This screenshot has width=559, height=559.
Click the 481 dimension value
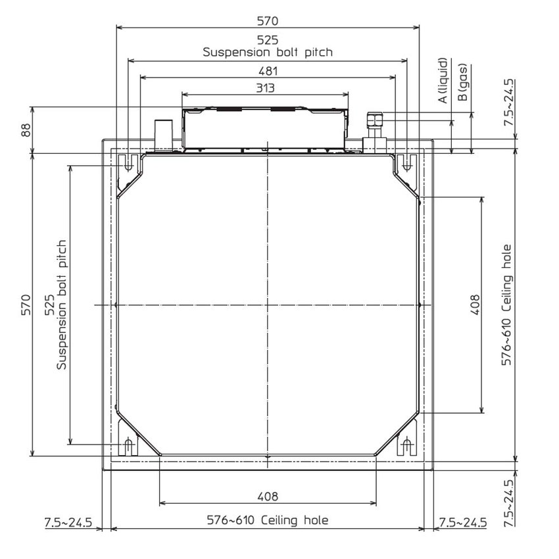[268, 71]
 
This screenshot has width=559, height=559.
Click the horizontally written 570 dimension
[268, 21]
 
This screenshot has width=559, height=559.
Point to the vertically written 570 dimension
[26, 304]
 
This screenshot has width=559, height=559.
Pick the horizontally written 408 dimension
[268, 497]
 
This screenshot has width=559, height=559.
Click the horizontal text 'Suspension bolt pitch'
[268, 51]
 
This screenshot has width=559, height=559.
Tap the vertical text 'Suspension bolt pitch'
[61, 304]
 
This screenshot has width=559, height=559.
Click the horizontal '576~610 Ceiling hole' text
[268, 520]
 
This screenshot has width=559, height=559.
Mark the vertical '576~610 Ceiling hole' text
[506, 305]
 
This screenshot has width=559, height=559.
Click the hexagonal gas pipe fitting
[374, 120]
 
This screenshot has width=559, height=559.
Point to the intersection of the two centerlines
[268, 305]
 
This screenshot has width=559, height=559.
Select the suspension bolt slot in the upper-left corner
[130, 162]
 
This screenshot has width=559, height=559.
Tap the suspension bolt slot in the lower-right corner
[407, 447]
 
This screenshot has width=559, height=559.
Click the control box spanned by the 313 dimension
[265, 128]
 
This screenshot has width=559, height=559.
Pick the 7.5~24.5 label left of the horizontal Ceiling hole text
[68, 523]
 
